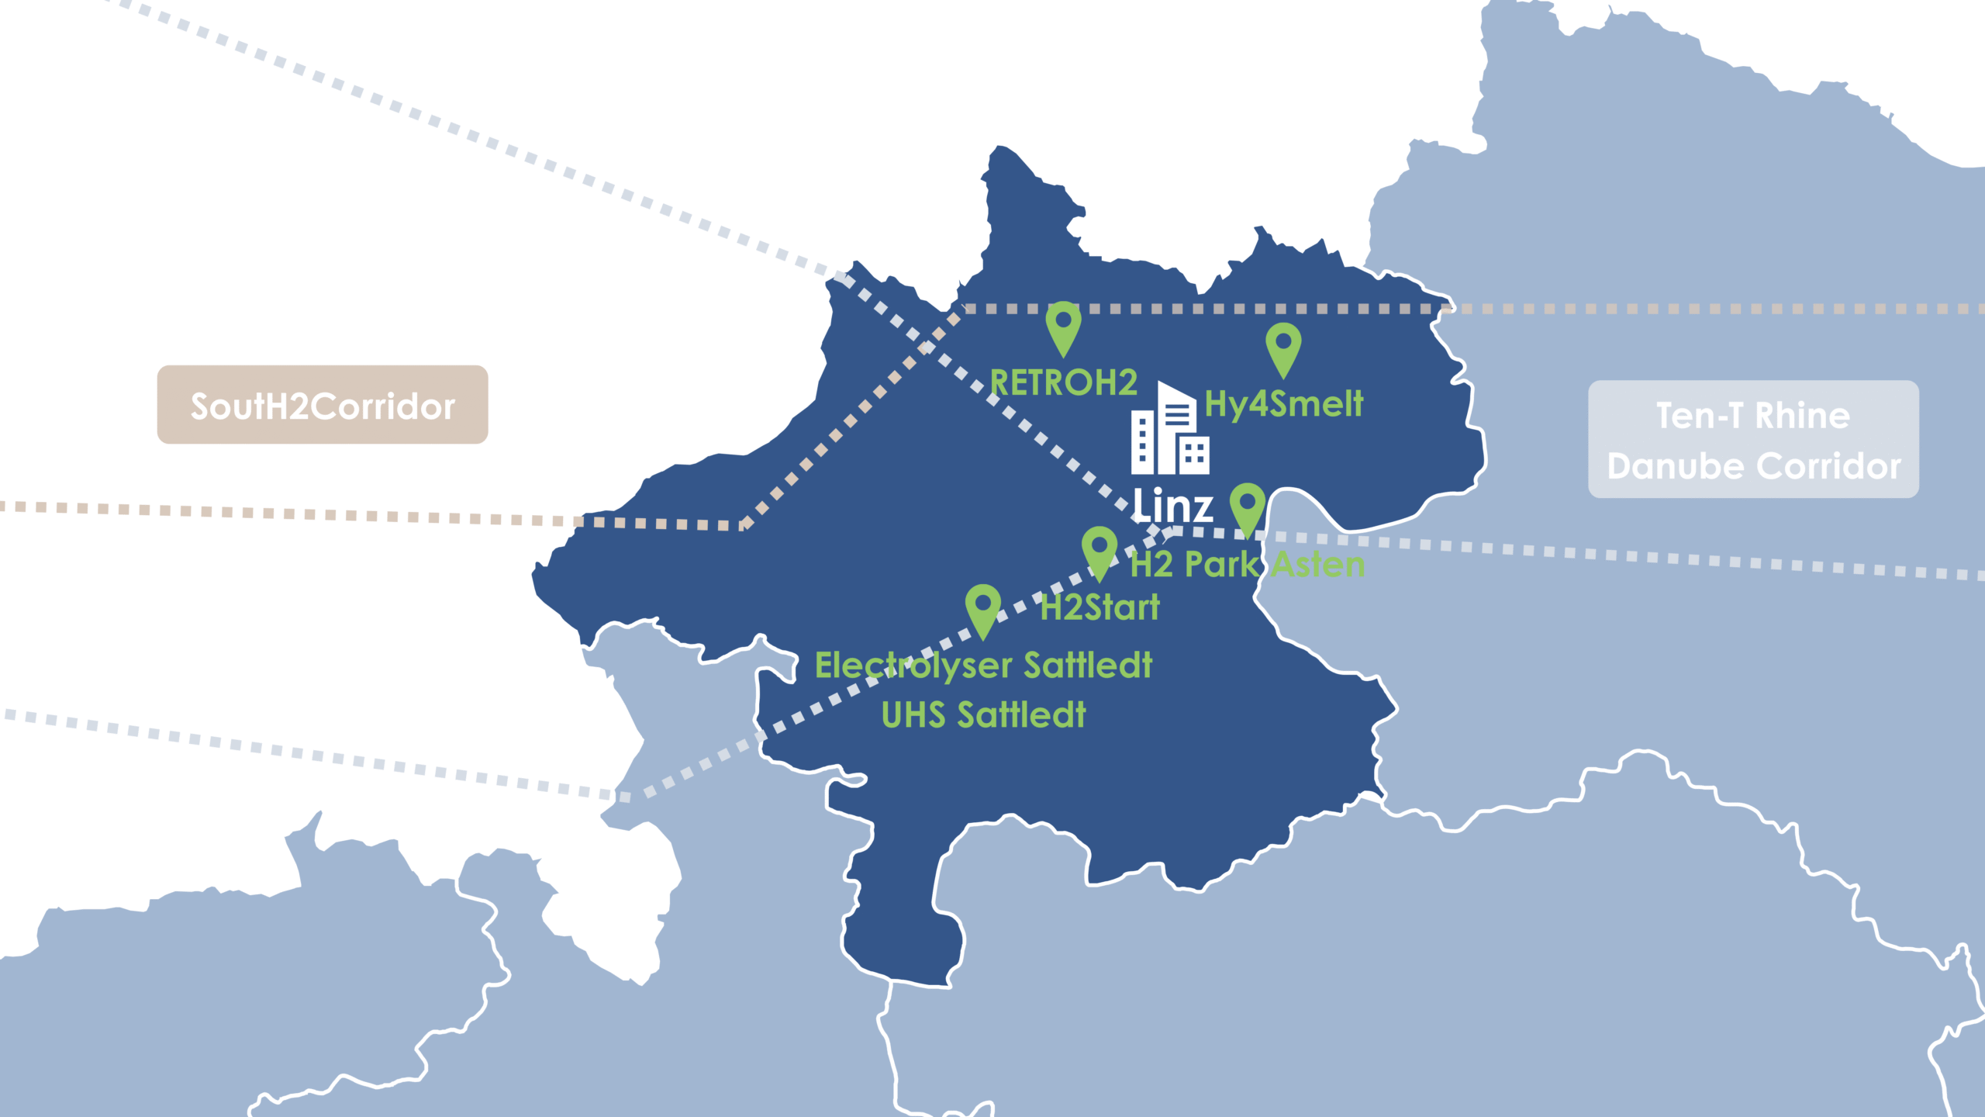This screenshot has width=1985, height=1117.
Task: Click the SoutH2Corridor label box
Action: coord(323,405)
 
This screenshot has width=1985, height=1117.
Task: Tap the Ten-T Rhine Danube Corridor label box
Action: coord(1753,439)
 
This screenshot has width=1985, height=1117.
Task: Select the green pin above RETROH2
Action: coord(1063,326)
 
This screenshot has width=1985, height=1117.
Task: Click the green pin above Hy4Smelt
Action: coord(1283,347)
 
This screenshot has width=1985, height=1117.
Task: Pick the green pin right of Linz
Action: coord(1248,507)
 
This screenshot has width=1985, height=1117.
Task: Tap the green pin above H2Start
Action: coord(1100,551)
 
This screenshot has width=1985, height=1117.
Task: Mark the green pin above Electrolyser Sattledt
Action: coord(982,609)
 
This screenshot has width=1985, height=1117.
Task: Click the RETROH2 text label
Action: coord(1064,383)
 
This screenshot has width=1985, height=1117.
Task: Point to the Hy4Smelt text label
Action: coord(1284,404)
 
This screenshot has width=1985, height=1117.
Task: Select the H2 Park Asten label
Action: coord(1248,565)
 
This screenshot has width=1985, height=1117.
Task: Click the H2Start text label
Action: coord(1100,607)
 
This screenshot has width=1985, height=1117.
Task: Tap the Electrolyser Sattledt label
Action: coord(983,666)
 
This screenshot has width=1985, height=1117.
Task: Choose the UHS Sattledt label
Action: coord(983,714)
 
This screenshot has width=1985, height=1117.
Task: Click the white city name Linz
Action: coord(1172,506)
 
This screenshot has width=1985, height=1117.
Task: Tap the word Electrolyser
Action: coord(913,666)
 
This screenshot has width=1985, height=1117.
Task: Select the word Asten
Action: coord(1318,565)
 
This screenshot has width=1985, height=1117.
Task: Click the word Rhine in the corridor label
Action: coord(1802,416)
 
